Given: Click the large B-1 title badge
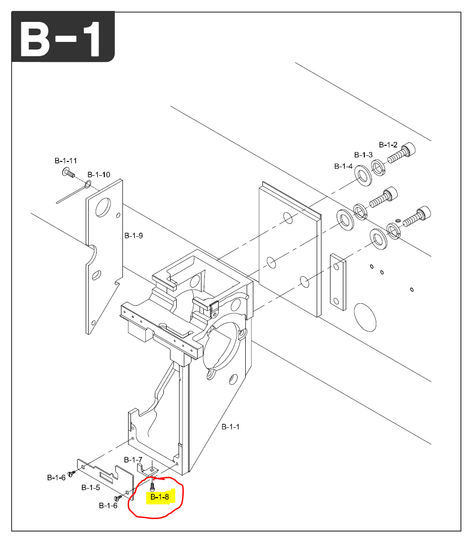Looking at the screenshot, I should pyautogui.click(x=62, y=37).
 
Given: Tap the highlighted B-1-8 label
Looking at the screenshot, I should pyautogui.click(x=159, y=497).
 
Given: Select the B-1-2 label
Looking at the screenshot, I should pyautogui.click(x=388, y=145).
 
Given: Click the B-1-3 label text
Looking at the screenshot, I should pyautogui.click(x=363, y=155).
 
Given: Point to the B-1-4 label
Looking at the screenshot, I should pyautogui.click(x=343, y=167).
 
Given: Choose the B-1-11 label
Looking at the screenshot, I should pyautogui.click(x=66, y=160).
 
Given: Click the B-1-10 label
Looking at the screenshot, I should pyautogui.click(x=99, y=175).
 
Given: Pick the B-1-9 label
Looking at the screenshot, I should pyautogui.click(x=133, y=235).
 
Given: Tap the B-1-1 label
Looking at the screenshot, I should pyautogui.click(x=230, y=427).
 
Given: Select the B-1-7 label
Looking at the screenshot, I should pyautogui.click(x=133, y=460).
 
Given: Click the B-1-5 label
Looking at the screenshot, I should pyautogui.click(x=90, y=488).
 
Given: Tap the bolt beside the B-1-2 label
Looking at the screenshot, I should pyautogui.click(x=403, y=153).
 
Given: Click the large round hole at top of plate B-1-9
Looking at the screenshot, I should pyautogui.click(x=102, y=208).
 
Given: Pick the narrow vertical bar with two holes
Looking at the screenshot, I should pyautogui.click(x=338, y=282).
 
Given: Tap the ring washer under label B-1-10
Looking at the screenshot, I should pyautogui.click(x=89, y=184).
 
